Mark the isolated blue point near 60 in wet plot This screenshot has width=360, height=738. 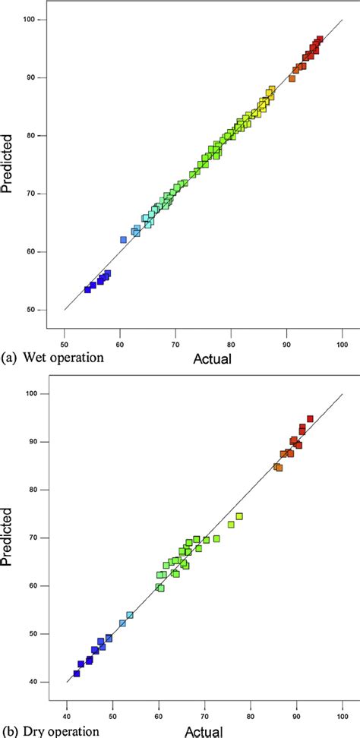coord(123,240)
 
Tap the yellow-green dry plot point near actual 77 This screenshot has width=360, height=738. coord(239,516)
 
